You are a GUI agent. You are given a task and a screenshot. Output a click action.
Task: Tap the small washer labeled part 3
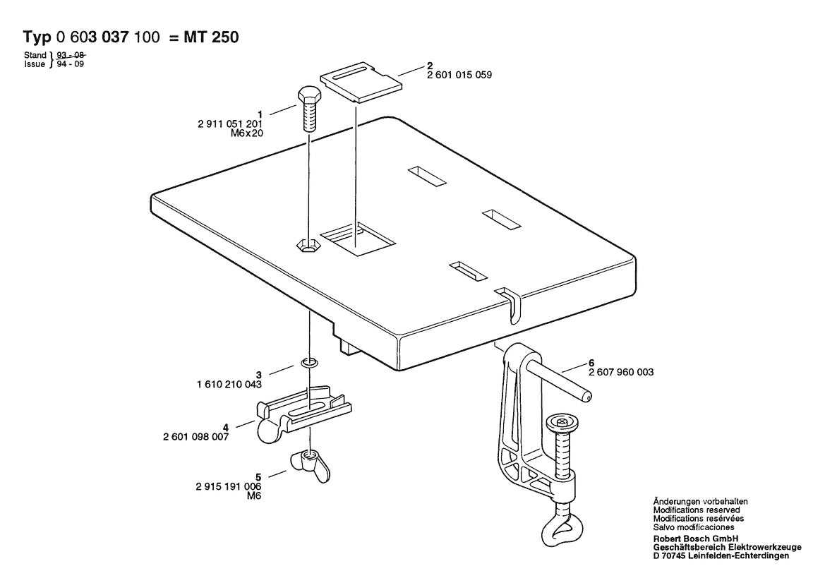click(x=309, y=363)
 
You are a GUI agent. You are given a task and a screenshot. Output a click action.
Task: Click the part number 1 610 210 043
click(x=229, y=385)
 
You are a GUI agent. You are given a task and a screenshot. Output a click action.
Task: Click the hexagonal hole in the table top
click(x=308, y=246)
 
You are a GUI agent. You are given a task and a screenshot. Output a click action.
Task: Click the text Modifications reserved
click(x=696, y=510)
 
